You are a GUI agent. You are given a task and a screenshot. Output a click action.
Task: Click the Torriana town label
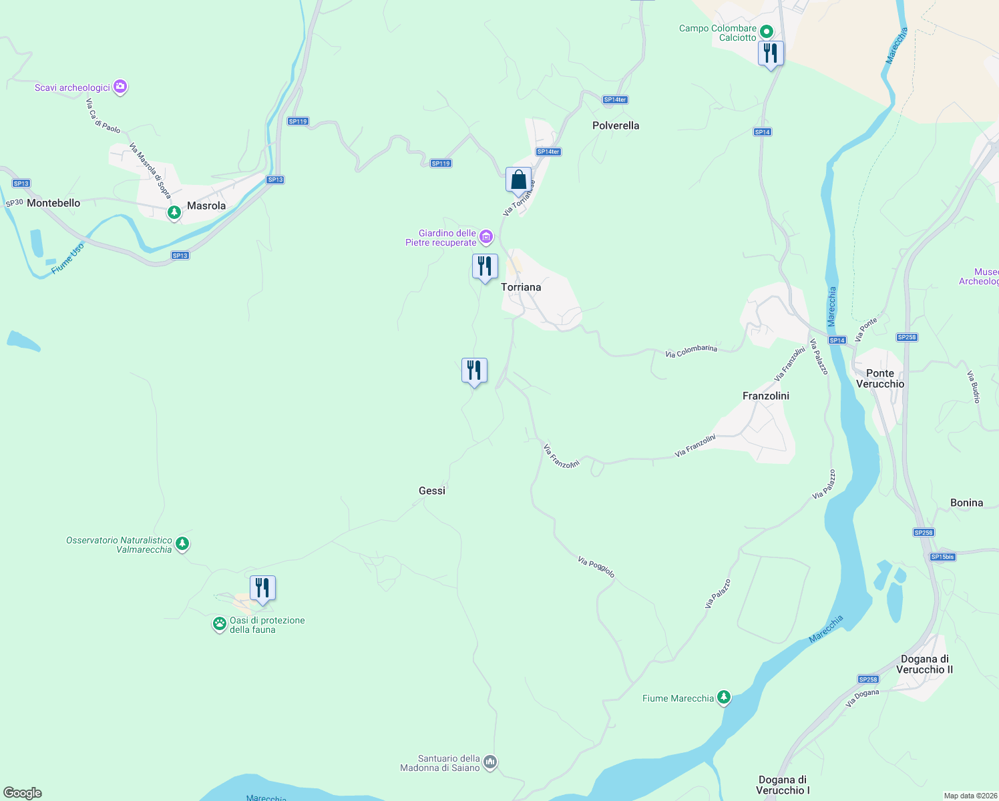click(x=521, y=287)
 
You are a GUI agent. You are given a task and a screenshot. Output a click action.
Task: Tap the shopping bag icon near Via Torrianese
click(x=518, y=180)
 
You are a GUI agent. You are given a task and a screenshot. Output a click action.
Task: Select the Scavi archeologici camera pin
click(x=120, y=86)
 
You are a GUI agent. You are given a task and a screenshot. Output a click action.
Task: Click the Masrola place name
click(x=206, y=206)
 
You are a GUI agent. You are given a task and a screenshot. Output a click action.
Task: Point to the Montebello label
click(x=53, y=203)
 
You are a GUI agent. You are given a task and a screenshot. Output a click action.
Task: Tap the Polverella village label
click(x=616, y=125)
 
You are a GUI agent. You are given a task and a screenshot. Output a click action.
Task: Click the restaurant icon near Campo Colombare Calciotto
click(x=771, y=53)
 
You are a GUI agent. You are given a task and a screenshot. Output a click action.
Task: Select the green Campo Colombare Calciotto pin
click(x=767, y=31)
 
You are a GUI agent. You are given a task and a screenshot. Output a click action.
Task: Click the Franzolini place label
click(x=766, y=396)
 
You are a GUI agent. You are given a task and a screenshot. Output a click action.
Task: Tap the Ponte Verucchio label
click(x=880, y=378)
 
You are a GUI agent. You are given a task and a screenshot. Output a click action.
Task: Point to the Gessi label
click(x=432, y=491)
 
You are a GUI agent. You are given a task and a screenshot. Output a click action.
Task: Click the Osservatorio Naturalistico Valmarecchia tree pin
click(x=182, y=544)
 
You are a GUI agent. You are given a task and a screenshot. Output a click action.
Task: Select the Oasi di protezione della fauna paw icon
click(x=220, y=624)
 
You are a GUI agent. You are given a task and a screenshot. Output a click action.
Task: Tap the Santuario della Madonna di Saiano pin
click(x=490, y=762)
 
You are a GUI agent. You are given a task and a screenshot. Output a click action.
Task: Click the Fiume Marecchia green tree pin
click(x=723, y=698)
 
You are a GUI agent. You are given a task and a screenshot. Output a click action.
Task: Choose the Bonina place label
click(x=966, y=503)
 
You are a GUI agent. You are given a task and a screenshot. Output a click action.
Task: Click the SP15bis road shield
click(x=942, y=557)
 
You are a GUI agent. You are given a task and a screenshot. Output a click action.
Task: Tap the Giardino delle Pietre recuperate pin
click(x=486, y=237)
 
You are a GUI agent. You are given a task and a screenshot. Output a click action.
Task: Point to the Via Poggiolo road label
click(x=596, y=567)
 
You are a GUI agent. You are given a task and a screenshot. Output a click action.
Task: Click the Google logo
click(x=23, y=793)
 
